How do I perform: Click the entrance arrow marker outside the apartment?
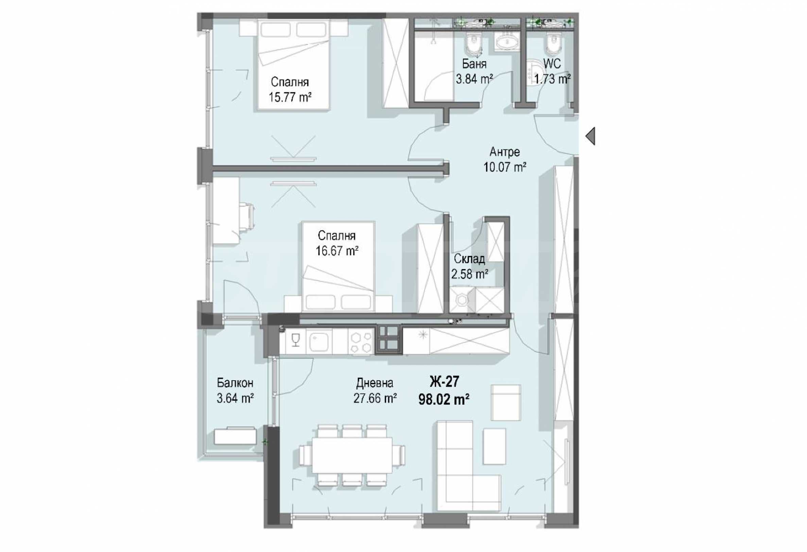coord(590,136)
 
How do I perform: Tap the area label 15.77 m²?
coord(290,97)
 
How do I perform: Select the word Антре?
coord(505,152)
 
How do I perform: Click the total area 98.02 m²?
coord(444,400)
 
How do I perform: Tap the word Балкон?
coord(235,383)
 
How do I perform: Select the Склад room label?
coord(469,259)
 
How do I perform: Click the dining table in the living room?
coord(352,454)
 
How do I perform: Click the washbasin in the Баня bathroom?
coord(506,44)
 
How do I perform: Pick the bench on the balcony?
coord(236,436)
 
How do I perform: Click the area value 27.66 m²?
coord(375,398)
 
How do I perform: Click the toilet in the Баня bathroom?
coord(474,43)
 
